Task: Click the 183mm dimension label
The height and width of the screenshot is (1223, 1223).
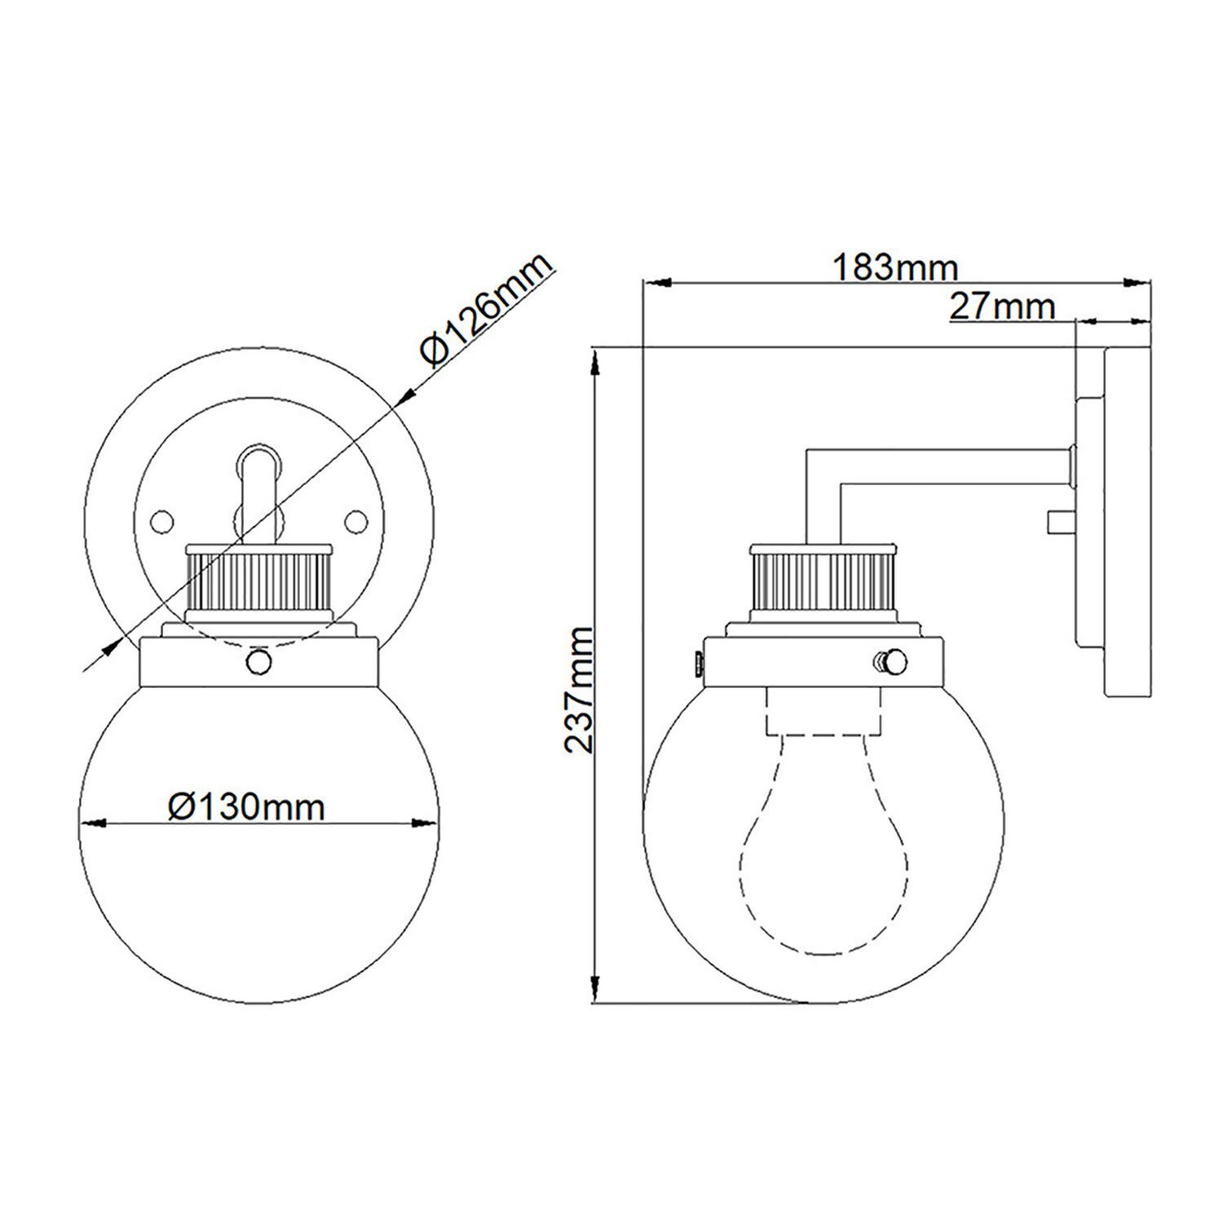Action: pyautogui.click(x=894, y=267)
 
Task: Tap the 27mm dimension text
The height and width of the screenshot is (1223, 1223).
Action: pyautogui.click(x=1002, y=307)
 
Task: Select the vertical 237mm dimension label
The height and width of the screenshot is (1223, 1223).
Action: pyautogui.click(x=579, y=689)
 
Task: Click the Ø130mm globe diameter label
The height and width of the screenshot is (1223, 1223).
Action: pyautogui.click(x=246, y=806)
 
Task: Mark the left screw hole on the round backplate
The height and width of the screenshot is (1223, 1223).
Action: pyautogui.click(x=163, y=519)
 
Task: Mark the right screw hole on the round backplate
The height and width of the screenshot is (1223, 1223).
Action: pyautogui.click(x=356, y=519)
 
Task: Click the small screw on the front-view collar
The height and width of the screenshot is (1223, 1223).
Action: pyautogui.click(x=259, y=662)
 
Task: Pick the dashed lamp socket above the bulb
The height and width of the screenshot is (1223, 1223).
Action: pyautogui.click(x=824, y=709)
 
